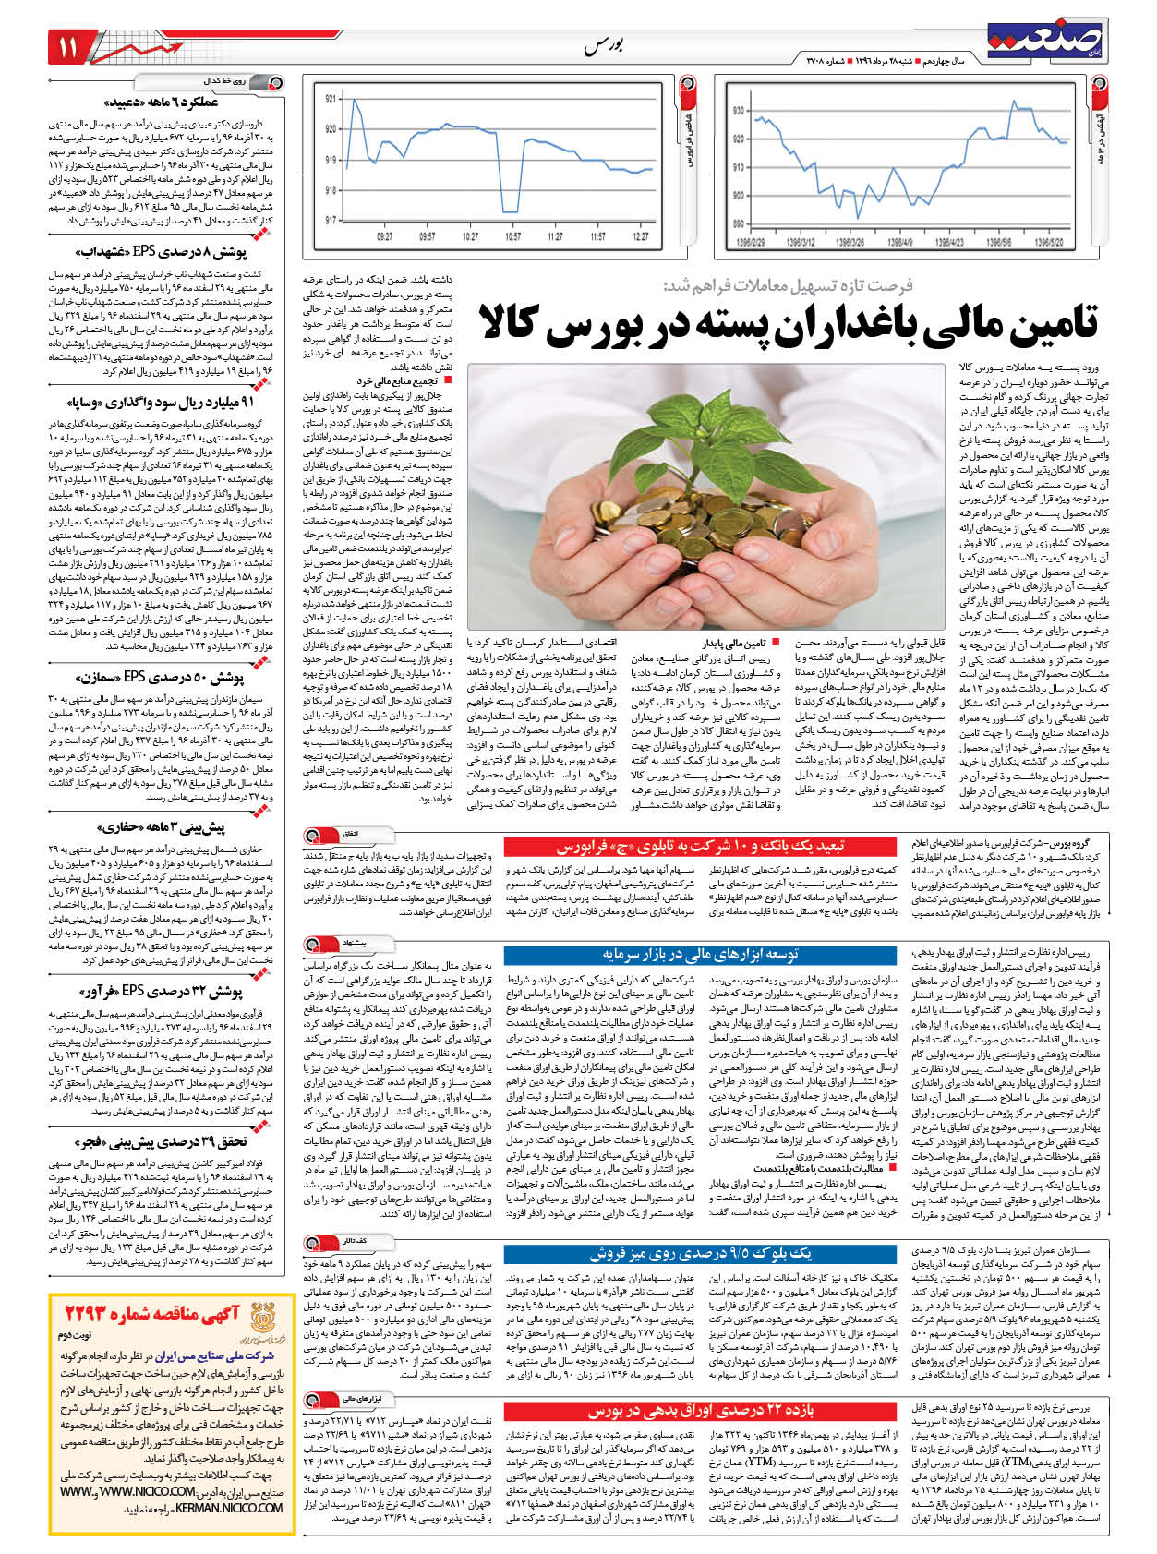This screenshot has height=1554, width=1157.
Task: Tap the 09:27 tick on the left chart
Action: (386, 236)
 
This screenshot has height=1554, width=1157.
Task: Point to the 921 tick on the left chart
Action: (331, 99)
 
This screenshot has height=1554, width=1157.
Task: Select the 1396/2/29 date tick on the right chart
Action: (751, 243)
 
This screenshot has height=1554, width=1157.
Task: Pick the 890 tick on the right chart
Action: (739, 223)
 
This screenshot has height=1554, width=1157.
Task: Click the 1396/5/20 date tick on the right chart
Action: (1050, 243)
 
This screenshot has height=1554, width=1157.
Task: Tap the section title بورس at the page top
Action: (604, 47)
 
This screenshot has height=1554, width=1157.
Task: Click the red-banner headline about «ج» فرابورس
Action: (699, 846)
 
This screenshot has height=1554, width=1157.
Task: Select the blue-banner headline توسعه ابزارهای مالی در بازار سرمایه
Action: (701, 954)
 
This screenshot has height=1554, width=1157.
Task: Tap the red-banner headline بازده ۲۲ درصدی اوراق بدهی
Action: (701, 1411)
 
